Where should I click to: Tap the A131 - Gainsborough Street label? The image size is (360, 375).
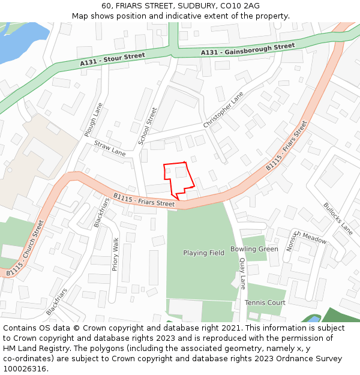[248, 49]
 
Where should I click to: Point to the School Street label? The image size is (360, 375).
[148, 126]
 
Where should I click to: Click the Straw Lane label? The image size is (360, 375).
[110, 148]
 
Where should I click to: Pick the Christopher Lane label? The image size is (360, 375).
[223, 110]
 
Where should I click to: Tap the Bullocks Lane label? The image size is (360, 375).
[338, 218]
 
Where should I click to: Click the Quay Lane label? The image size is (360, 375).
[242, 274]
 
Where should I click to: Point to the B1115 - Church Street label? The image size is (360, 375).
[26, 248]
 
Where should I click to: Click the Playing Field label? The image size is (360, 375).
[204, 253]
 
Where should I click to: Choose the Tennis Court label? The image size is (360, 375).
[265, 303]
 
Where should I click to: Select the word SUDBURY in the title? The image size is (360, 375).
[184, 5]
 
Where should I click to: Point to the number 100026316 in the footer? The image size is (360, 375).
[24, 368]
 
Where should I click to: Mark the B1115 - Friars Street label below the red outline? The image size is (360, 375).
[144, 200]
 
